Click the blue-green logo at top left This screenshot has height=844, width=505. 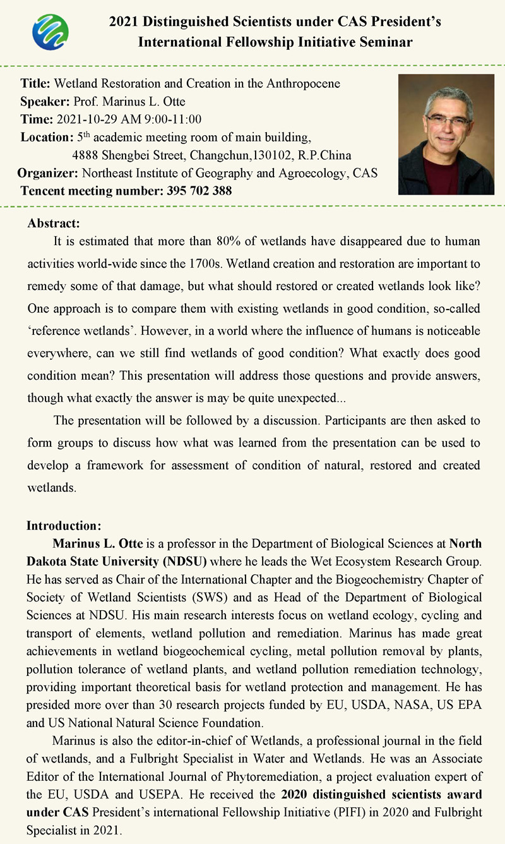click(x=50, y=31)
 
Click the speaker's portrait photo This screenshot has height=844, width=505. click(x=446, y=134)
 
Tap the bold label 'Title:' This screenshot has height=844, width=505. click(x=37, y=83)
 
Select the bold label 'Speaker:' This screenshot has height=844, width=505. click(x=46, y=101)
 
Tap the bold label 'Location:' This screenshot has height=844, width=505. click(x=47, y=137)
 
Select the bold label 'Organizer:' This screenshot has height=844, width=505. click(x=47, y=173)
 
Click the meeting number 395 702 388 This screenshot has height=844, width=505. click(x=199, y=191)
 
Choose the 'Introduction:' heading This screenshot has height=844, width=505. click(x=63, y=526)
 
